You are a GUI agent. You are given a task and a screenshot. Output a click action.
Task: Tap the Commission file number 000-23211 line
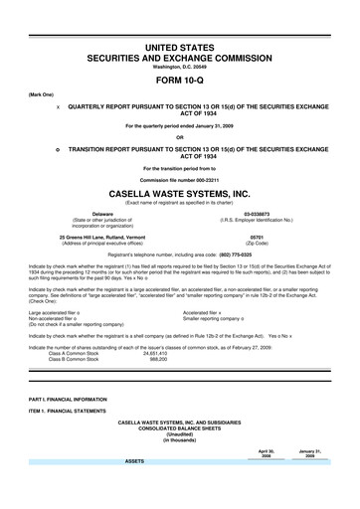(180, 177)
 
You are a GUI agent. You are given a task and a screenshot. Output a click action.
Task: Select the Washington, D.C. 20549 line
(180, 67)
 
